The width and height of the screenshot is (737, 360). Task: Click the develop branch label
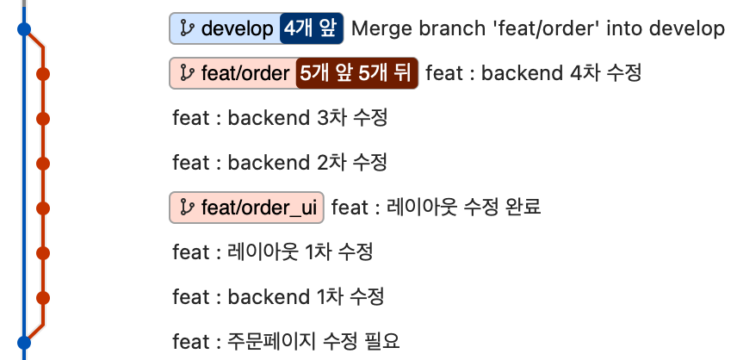coord(226,29)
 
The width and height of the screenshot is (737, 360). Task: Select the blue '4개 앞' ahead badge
coord(312,29)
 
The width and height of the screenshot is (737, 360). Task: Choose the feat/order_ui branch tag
coord(246,207)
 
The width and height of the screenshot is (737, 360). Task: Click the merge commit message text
coord(538,29)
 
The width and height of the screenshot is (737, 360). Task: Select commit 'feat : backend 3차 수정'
coord(280,118)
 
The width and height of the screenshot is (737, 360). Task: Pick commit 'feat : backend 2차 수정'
coord(280,162)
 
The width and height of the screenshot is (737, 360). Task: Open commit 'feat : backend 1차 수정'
coord(278,297)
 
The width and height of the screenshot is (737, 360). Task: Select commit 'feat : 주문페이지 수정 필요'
coord(286,341)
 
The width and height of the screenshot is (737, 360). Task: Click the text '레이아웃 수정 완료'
coord(465,207)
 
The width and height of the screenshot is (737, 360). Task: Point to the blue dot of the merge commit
coord(24,29)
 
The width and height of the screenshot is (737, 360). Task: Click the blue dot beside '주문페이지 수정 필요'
coord(24,342)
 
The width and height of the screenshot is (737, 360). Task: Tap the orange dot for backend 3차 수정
coord(44,118)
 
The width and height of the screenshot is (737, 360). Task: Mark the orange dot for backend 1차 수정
coord(44,297)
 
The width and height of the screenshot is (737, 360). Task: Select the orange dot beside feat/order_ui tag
coord(44,208)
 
